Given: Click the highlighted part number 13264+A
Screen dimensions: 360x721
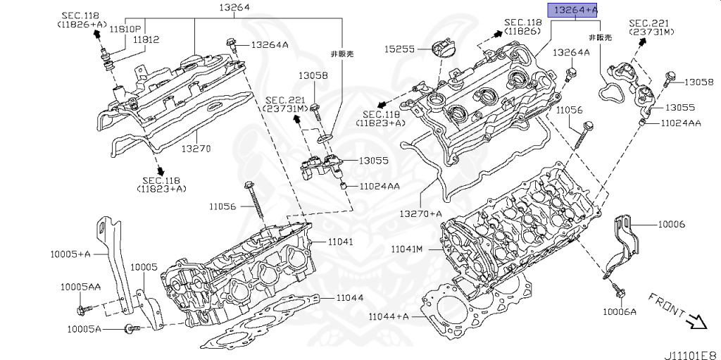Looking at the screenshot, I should click(576, 10).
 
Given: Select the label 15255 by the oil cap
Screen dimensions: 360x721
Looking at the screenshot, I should click(399, 49).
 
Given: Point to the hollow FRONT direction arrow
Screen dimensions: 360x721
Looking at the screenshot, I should click(697, 322).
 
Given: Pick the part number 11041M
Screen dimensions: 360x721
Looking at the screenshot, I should click(406, 249).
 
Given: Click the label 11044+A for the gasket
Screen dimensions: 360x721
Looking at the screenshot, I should click(388, 316).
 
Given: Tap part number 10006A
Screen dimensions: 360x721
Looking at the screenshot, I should click(619, 311).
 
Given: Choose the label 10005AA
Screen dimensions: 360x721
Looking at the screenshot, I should click(80, 287).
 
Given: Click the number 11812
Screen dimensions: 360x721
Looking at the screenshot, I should click(146, 40).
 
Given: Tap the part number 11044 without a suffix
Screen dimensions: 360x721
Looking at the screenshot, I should click(349, 298).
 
